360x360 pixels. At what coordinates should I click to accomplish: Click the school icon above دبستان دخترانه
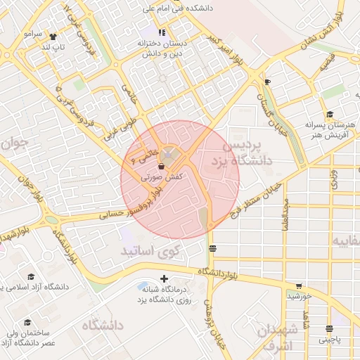[x=162, y=32]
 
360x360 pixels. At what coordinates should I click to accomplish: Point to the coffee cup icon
[x=267, y=82]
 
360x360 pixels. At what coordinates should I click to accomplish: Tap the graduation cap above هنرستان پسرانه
[x=328, y=115]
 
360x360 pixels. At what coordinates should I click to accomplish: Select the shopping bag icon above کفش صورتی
[x=162, y=167]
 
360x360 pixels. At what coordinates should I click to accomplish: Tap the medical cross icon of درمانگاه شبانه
[x=165, y=279]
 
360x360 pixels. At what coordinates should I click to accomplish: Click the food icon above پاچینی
[x=329, y=328]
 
